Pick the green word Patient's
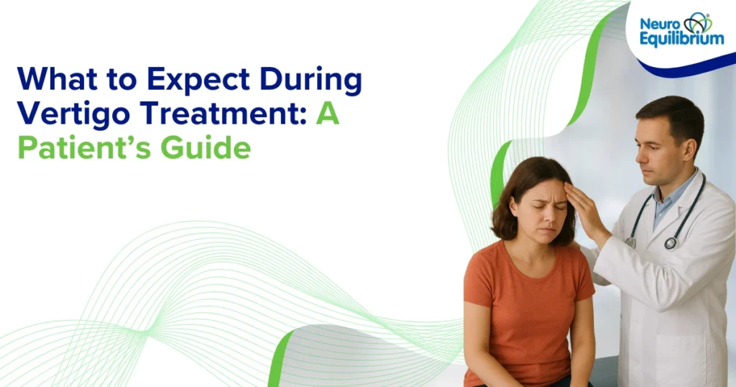pos(85,147)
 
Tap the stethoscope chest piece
pos(671,243)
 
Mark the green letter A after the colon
pos(328,115)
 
